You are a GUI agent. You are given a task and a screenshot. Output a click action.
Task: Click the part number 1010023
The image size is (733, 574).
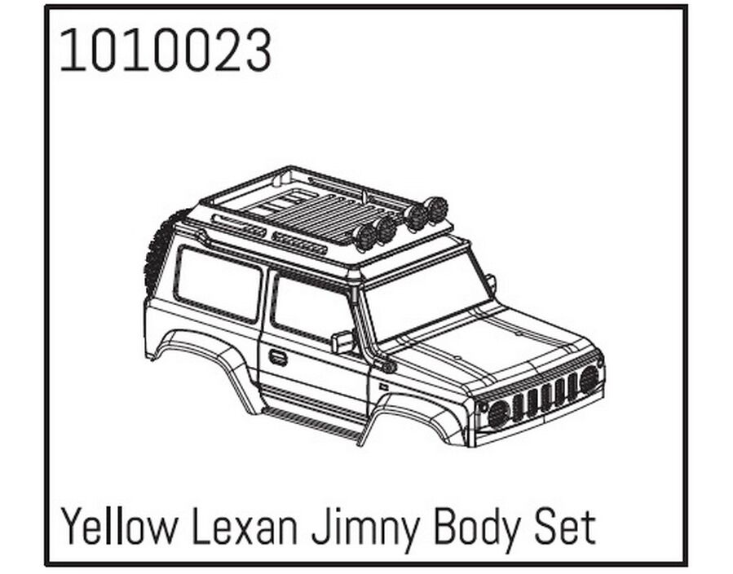click(166, 51)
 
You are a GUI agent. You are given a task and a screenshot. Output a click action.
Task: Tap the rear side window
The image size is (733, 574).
click(218, 285)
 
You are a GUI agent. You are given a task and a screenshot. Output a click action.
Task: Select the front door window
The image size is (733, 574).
click(311, 309)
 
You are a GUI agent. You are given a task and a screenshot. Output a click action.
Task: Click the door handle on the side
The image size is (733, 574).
click(279, 358)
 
